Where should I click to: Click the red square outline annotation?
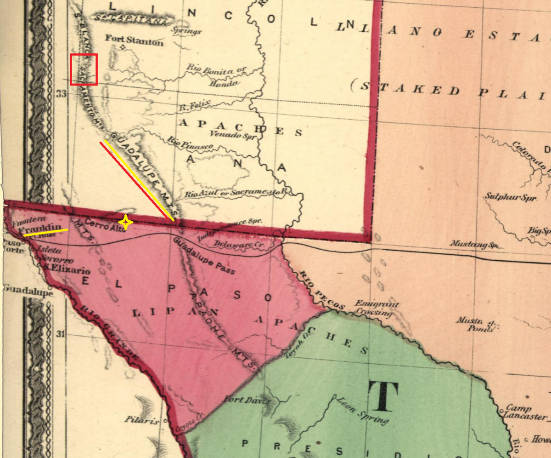tap(84, 69)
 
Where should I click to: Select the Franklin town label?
tap(40, 228)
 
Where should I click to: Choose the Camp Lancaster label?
tap(523, 412)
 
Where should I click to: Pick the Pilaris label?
tap(141, 420)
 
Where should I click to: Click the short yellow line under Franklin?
tap(45, 233)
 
